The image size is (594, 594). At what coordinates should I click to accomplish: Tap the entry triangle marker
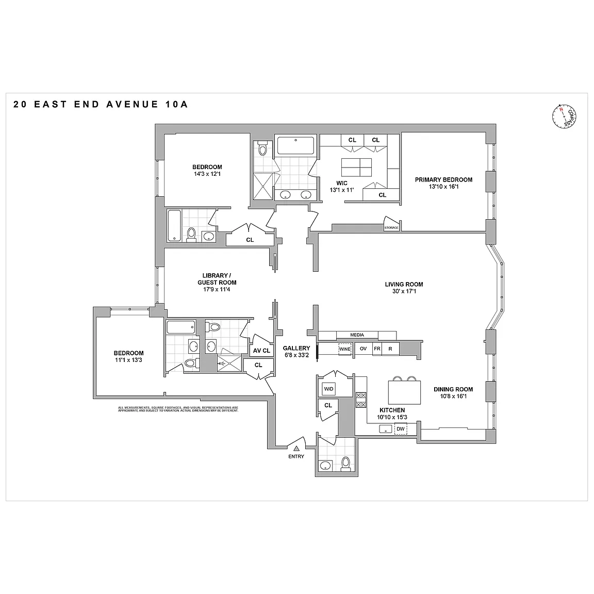(296, 448)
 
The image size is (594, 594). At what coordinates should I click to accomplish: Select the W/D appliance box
(328, 388)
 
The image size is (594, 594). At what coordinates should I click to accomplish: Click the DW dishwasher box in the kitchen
(401, 429)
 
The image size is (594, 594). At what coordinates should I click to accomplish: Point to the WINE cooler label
(344, 349)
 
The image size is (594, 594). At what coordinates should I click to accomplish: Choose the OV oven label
(363, 349)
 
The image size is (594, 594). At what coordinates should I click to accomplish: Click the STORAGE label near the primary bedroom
(391, 227)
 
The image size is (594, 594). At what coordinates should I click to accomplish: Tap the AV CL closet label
(261, 351)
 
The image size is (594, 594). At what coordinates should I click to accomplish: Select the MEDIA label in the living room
(357, 335)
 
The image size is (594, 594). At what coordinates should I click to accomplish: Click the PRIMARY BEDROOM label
(443, 180)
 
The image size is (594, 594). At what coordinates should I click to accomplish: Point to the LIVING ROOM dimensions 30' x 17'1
(404, 291)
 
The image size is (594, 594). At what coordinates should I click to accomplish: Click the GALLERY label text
(296, 348)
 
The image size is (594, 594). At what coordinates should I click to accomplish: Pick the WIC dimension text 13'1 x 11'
(341, 190)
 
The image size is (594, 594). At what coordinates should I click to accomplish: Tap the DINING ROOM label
(453, 389)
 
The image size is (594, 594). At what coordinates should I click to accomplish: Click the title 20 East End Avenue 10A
(101, 104)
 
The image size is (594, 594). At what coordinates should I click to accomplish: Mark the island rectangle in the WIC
(356, 168)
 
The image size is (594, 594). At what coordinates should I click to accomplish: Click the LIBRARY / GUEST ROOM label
(217, 278)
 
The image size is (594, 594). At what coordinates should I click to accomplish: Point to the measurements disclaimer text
(178, 409)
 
